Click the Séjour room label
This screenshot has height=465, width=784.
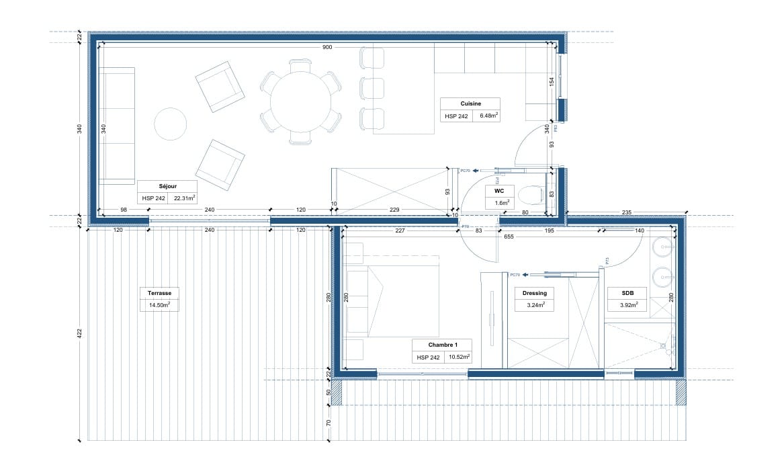(x=167, y=187)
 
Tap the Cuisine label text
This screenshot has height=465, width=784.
(x=470, y=103)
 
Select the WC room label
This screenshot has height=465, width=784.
(x=500, y=191)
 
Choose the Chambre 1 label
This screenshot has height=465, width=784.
(x=442, y=345)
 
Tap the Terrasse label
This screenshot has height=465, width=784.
(x=159, y=294)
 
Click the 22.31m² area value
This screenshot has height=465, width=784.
(x=184, y=198)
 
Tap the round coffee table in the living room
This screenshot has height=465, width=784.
(x=170, y=124)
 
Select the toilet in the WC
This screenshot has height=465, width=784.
(x=533, y=195)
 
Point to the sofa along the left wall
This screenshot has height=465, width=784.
(x=118, y=126)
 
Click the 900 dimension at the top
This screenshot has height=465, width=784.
(x=327, y=47)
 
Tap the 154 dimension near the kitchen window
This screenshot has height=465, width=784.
(x=552, y=81)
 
